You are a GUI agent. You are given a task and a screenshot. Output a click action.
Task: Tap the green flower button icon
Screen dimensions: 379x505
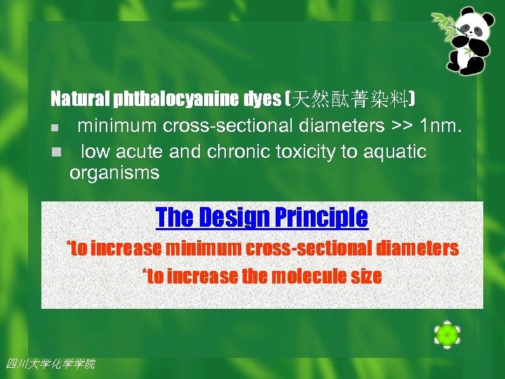447,335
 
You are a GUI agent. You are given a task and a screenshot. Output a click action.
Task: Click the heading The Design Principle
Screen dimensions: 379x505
262,217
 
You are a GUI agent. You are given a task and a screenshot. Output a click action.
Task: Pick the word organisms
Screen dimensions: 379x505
114,173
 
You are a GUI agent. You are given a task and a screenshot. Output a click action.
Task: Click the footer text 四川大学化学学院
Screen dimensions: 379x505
50,364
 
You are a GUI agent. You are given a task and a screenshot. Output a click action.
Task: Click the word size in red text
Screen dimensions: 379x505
366,277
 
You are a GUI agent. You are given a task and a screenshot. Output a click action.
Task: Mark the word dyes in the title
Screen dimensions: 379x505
262,100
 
